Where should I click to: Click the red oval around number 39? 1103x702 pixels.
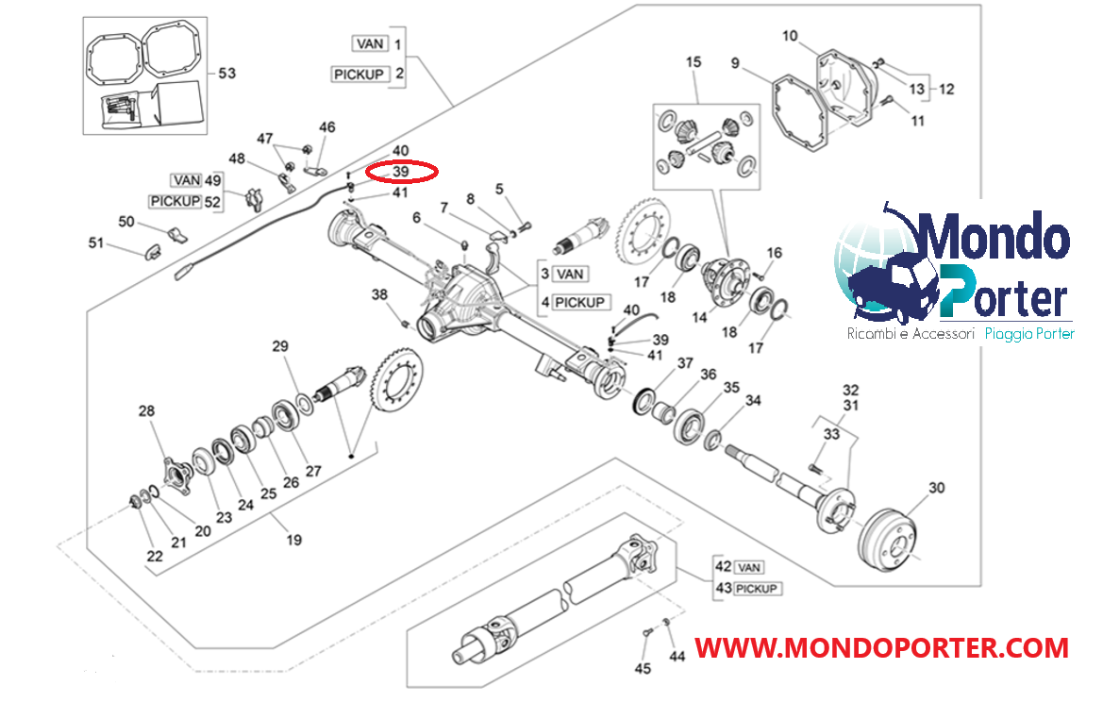tap(402, 172)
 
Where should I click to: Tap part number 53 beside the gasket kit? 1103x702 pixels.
tap(227, 73)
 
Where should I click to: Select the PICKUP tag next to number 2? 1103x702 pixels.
tap(359, 74)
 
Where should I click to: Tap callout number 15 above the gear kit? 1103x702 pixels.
tap(694, 62)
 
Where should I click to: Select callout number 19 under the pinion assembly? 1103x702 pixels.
tap(294, 541)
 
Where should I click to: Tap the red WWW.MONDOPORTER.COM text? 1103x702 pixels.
tap(881, 648)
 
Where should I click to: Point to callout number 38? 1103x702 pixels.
tap(379, 294)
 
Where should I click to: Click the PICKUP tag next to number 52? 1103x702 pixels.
tap(175, 201)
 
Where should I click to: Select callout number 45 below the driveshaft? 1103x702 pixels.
tap(643, 669)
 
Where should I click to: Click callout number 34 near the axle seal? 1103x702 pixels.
tap(752, 401)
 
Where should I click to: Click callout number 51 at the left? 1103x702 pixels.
tap(95, 243)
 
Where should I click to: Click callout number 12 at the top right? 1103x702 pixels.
tap(946, 90)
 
